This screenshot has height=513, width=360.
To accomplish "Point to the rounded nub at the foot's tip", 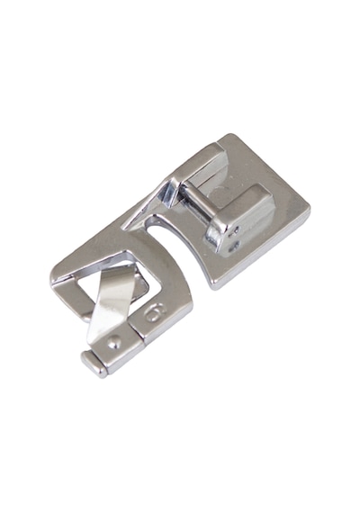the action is pos(94,364).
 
